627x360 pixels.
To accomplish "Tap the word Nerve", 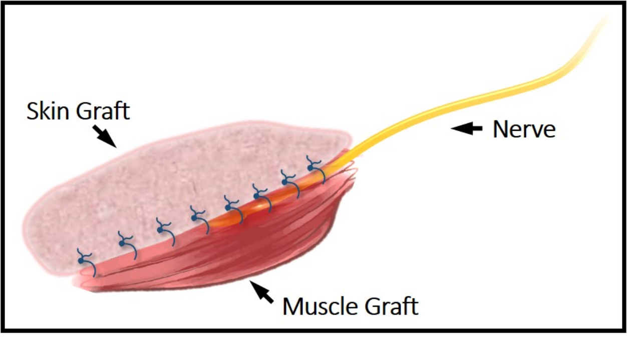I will pyautogui.click(x=524, y=129).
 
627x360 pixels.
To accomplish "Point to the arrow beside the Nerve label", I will pyautogui.click(x=466, y=129).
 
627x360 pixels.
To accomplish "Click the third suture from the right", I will pyautogui.click(x=261, y=195).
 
